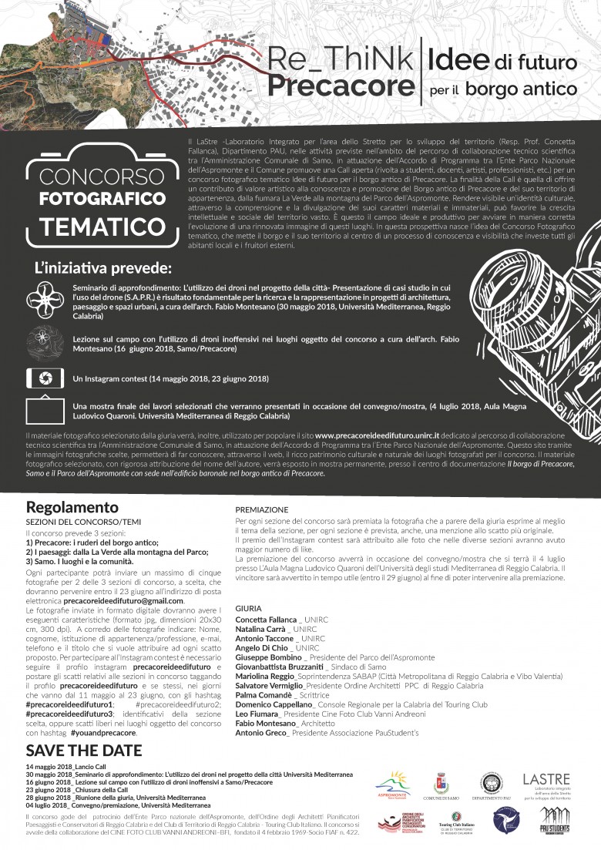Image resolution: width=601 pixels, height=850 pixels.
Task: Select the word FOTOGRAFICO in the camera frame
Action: (x=97, y=198)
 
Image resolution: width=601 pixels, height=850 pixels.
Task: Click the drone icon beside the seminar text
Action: (x=41, y=299)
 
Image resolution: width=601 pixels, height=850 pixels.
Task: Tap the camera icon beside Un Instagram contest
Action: (x=40, y=378)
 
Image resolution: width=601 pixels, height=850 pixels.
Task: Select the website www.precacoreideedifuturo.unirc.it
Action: (x=377, y=435)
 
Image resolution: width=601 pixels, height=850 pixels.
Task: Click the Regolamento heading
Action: (x=72, y=507)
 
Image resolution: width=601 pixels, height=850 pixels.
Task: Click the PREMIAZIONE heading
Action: (x=262, y=509)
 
